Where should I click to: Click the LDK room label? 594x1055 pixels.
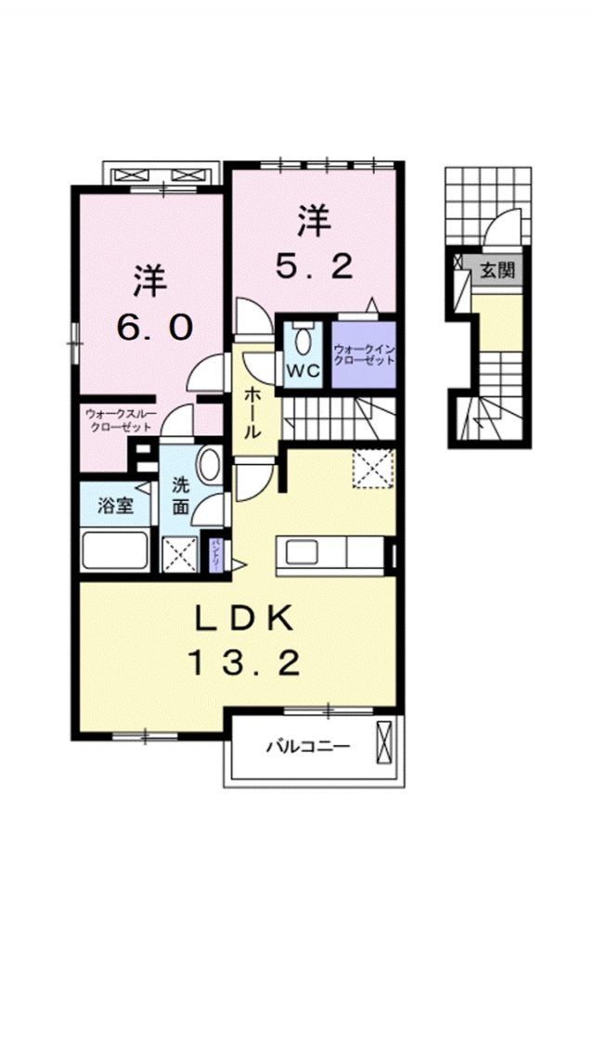[x=245, y=617]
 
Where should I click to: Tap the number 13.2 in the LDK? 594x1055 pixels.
[x=245, y=662]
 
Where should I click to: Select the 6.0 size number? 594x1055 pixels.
[x=154, y=326]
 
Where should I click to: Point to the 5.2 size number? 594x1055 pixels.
[x=314, y=266]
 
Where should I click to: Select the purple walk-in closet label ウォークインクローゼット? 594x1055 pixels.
[x=365, y=354]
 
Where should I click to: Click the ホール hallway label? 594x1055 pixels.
[x=252, y=412]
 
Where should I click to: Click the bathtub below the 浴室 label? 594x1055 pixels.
[x=116, y=550]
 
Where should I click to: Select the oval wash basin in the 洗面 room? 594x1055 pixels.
[x=210, y=464]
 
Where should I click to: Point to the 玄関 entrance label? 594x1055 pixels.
[x=497, y=271]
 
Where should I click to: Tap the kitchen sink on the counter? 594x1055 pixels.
[x=302, y=554]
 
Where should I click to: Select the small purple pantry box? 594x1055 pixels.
[x=215, y=554]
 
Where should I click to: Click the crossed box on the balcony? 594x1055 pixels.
[x=385, y=742]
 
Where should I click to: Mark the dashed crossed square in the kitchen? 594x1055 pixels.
[x=374, y=468]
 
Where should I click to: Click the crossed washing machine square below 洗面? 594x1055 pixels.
[x=180, y=554]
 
